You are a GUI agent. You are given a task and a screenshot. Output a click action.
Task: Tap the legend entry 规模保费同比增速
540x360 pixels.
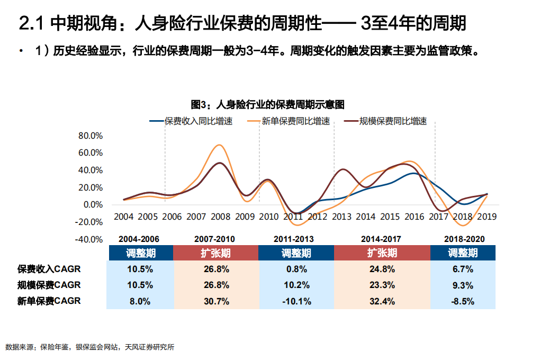point(393,121)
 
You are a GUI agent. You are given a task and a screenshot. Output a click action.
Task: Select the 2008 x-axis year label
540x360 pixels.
point(221,217)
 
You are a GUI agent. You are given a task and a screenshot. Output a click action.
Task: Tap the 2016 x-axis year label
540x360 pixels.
point(413,217)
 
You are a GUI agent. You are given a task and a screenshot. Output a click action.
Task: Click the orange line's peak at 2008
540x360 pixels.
point(219,145)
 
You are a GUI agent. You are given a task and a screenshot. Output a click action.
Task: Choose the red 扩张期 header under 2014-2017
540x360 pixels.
point(382,253)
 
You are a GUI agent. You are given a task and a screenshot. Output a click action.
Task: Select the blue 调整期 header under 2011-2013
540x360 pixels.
point(296,253)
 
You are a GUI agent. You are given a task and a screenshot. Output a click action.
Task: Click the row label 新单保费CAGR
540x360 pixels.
point(49,301)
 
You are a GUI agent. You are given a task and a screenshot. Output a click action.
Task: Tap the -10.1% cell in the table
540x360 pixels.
point(296,301)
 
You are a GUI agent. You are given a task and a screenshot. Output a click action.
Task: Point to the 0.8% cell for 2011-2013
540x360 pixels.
point(296,269)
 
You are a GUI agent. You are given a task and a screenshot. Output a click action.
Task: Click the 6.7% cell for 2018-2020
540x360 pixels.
point(463,269)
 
